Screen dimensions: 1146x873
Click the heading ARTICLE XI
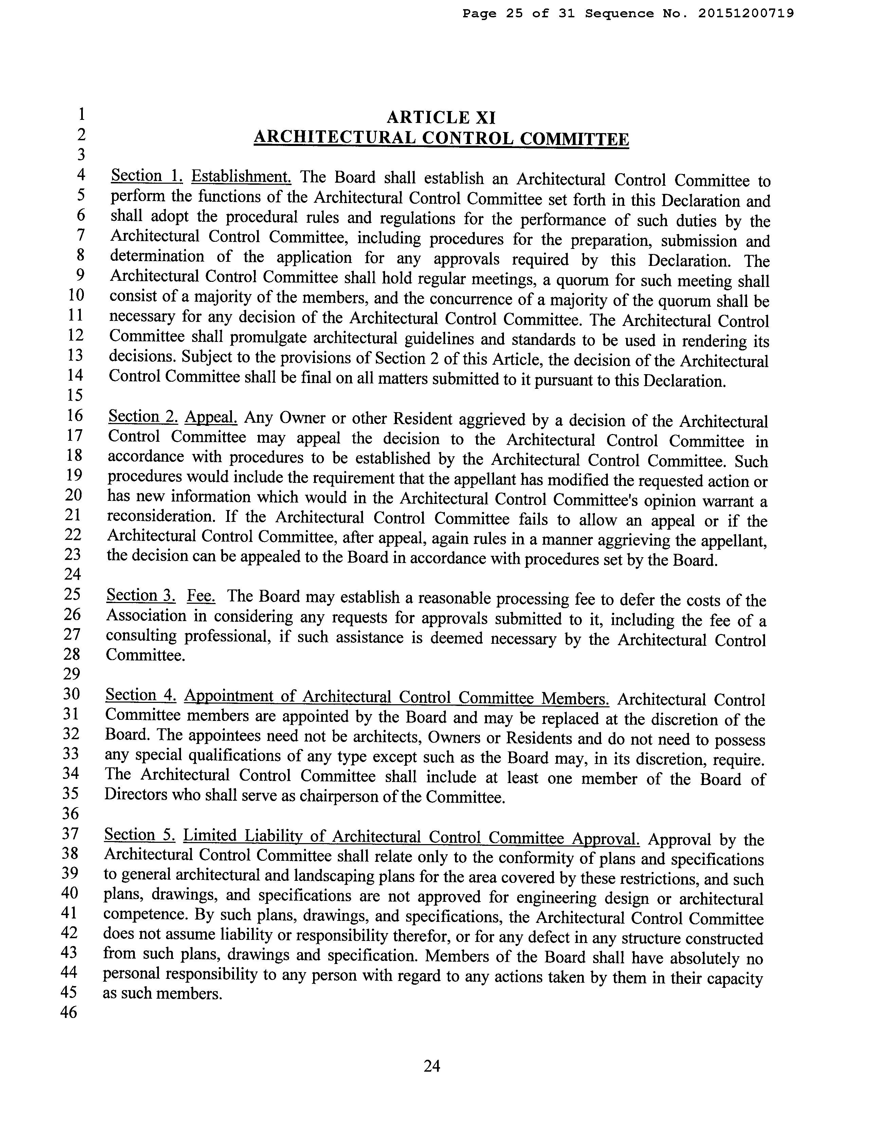[441, 117]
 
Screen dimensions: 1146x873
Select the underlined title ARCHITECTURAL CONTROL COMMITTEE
[441, 138]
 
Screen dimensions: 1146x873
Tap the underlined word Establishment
[241, 177]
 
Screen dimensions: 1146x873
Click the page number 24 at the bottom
[432, 1067]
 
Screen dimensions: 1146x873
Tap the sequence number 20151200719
[746, 14]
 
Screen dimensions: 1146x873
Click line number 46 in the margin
[69, 1012]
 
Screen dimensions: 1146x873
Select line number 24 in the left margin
[72, 574]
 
